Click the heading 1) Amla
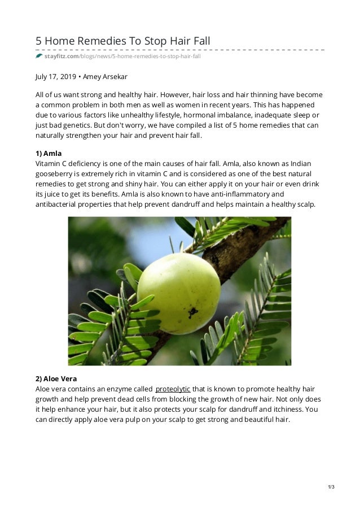[48, 153]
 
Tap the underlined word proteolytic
[173, 389]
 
